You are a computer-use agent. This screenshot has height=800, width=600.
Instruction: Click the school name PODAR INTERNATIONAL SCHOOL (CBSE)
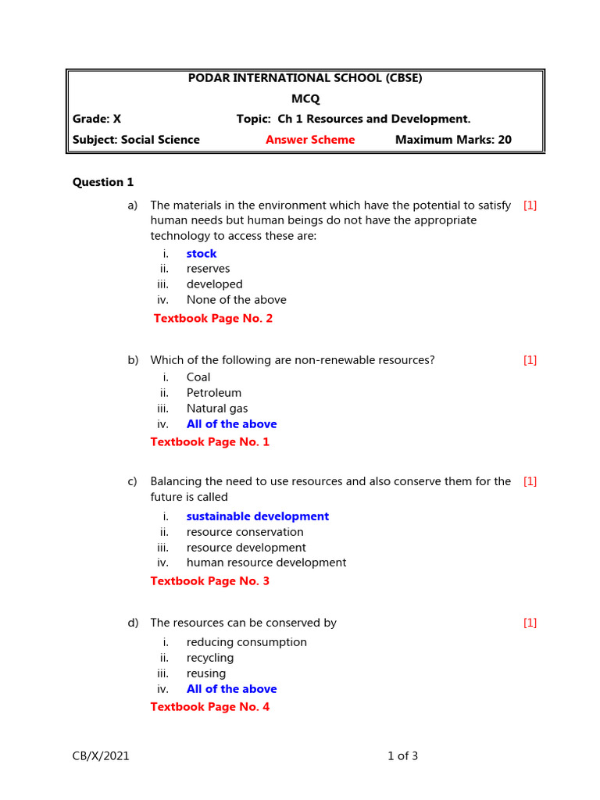[305, 78]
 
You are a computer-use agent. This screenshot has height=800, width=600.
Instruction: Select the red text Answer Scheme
[309, 140]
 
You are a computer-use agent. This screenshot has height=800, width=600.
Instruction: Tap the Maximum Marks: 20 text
[453, 140]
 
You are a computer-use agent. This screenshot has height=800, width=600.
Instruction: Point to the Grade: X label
[97, 119]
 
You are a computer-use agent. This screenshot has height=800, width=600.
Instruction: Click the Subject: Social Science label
[136, 140]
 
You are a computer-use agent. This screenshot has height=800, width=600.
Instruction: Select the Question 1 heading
[103, 182]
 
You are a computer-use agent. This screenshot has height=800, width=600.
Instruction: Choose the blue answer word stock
[202, 254]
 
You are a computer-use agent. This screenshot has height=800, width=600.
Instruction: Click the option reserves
[208, 269]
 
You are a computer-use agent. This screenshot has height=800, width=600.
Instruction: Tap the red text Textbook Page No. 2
[213, 319]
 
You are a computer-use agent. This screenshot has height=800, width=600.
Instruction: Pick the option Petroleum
[214, 393]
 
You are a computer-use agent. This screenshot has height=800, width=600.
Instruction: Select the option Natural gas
[217, 409]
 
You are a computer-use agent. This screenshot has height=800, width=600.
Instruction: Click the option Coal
[198, 377]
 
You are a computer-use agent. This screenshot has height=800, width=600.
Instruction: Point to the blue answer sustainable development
[258, 516]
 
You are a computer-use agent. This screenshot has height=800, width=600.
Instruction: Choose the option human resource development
[266, 562]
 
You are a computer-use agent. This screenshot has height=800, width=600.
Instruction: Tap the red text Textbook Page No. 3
[209, 581]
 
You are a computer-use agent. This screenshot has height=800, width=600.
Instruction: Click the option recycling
[210, 658]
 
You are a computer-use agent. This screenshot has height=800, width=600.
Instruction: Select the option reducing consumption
[247, 642]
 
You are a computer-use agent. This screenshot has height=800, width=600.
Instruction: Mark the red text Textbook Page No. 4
[209, 707]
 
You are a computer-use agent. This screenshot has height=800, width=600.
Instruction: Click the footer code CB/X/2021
[101, 755]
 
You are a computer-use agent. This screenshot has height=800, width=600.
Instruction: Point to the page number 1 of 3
[403, 755]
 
